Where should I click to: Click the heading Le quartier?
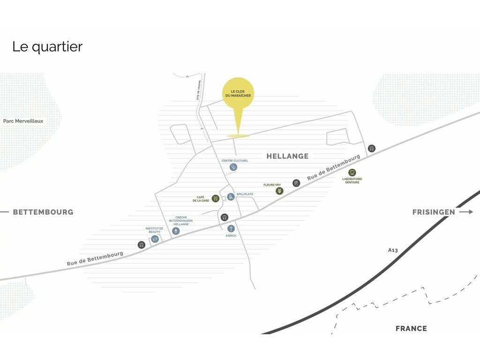click(47, 47)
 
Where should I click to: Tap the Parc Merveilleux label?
click(23, 121)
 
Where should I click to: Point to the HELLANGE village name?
click(287, 156)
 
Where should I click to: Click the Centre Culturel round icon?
click(233, 167)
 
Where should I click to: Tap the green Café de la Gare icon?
click(216, 198)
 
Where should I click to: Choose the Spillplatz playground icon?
click(231, 197)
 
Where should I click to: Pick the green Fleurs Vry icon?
click(279, 191)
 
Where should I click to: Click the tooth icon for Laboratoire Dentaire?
click(352, 172)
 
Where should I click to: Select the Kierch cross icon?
click(231, 228)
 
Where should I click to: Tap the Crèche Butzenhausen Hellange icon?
click(176, 231)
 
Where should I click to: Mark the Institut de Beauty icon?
click(155, 239)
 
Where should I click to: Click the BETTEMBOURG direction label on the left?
click(43, 212)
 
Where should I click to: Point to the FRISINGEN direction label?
click(434, 212)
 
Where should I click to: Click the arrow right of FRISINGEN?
click(466, 212)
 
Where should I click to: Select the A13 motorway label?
click(393, 250)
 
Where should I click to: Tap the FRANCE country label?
click(411, 329)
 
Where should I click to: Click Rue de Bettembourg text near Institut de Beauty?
click(95, 259)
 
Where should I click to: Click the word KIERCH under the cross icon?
click(231, 236)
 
